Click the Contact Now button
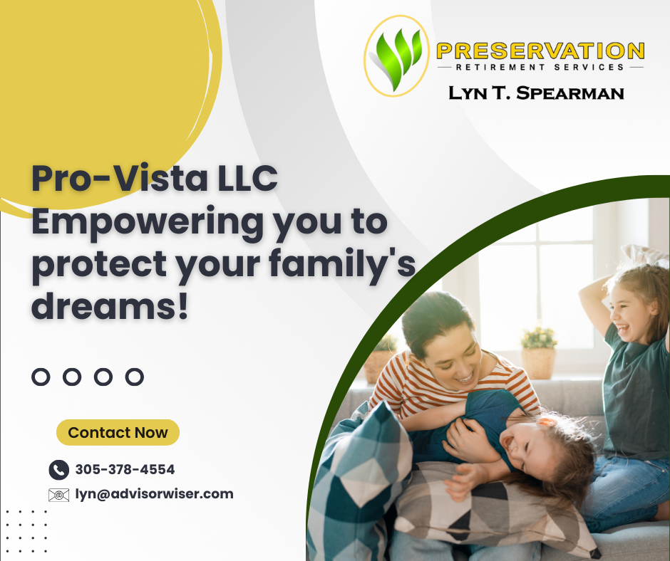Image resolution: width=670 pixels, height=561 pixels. [118, 432]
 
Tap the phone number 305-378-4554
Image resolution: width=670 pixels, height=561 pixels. [125, 470]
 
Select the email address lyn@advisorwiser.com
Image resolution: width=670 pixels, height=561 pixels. [154, 494]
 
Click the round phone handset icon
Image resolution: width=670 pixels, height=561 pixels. [59, 470]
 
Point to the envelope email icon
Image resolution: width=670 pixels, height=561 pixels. [59, 495]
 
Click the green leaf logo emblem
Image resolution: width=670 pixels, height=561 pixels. [396, 56]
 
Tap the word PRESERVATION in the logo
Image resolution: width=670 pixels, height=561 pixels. [540, 51]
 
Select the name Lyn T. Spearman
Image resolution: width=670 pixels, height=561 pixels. [536, 93]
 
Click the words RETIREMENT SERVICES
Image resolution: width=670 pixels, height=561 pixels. [540, 68]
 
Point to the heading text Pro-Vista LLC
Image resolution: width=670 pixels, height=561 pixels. [155, 178]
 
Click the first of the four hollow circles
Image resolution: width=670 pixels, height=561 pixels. [41, 377]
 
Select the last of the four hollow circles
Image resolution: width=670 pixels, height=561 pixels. [135, 377]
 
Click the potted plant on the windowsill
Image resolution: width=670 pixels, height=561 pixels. [538, 352]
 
